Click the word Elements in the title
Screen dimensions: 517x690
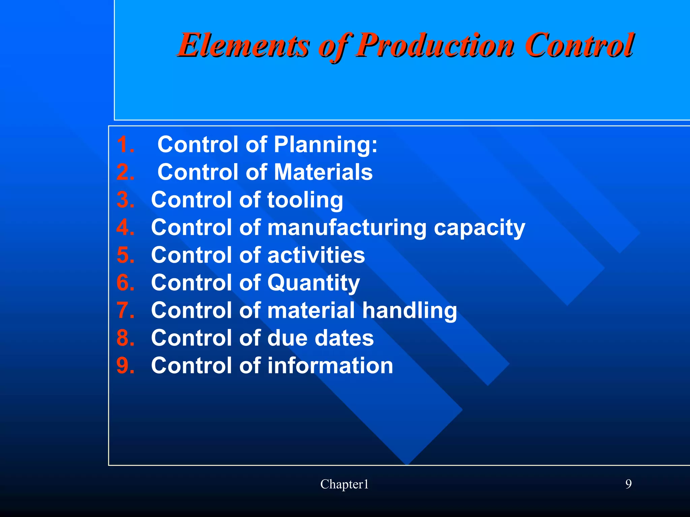(x=243, y=45)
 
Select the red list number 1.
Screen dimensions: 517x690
(x=125, y=145)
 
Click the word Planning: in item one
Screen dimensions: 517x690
(x=325, y=145)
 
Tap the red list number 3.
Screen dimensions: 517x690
(x=125, y=200)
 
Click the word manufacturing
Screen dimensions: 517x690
(x=347, y=227)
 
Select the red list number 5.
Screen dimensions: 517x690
(x=125, y=255)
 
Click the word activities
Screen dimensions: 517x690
(x=316, y=255)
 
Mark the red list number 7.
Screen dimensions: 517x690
(x=125, y=310)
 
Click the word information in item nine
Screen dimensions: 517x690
(x=330, y=366)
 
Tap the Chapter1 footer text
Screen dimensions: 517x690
(x=344, y=484)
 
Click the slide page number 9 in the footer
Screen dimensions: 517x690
(x=628, y=484)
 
